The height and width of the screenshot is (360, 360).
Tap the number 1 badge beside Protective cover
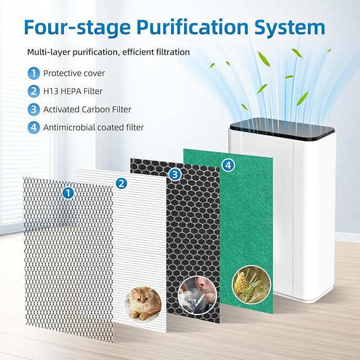[x=34, y=74]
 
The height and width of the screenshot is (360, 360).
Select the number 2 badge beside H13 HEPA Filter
[x=34, y=92]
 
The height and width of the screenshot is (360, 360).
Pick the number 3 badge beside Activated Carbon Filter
[x=34, y=110]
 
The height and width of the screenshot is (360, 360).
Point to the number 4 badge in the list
[x=34, y=127]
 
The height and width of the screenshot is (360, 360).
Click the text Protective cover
[x=74, y=74]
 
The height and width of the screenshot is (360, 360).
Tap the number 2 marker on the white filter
[x=121, y=183]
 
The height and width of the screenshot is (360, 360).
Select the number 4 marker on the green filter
[x=228, y=165]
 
